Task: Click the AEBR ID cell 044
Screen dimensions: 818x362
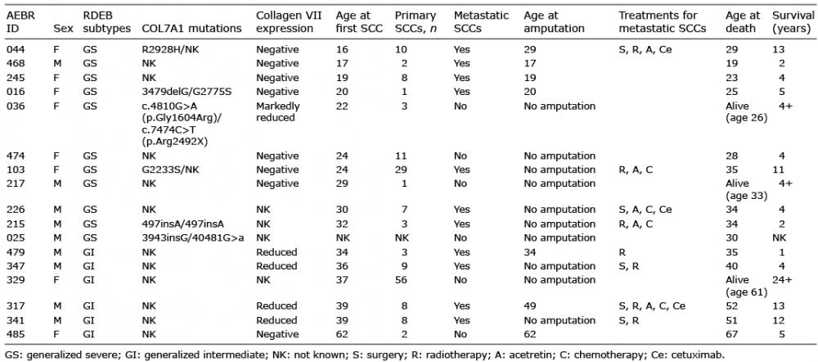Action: click(x=15, y=50)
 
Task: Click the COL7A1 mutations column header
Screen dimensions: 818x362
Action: click(x=191, y=28)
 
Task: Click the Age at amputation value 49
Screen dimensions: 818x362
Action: click(x=530, y=305)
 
